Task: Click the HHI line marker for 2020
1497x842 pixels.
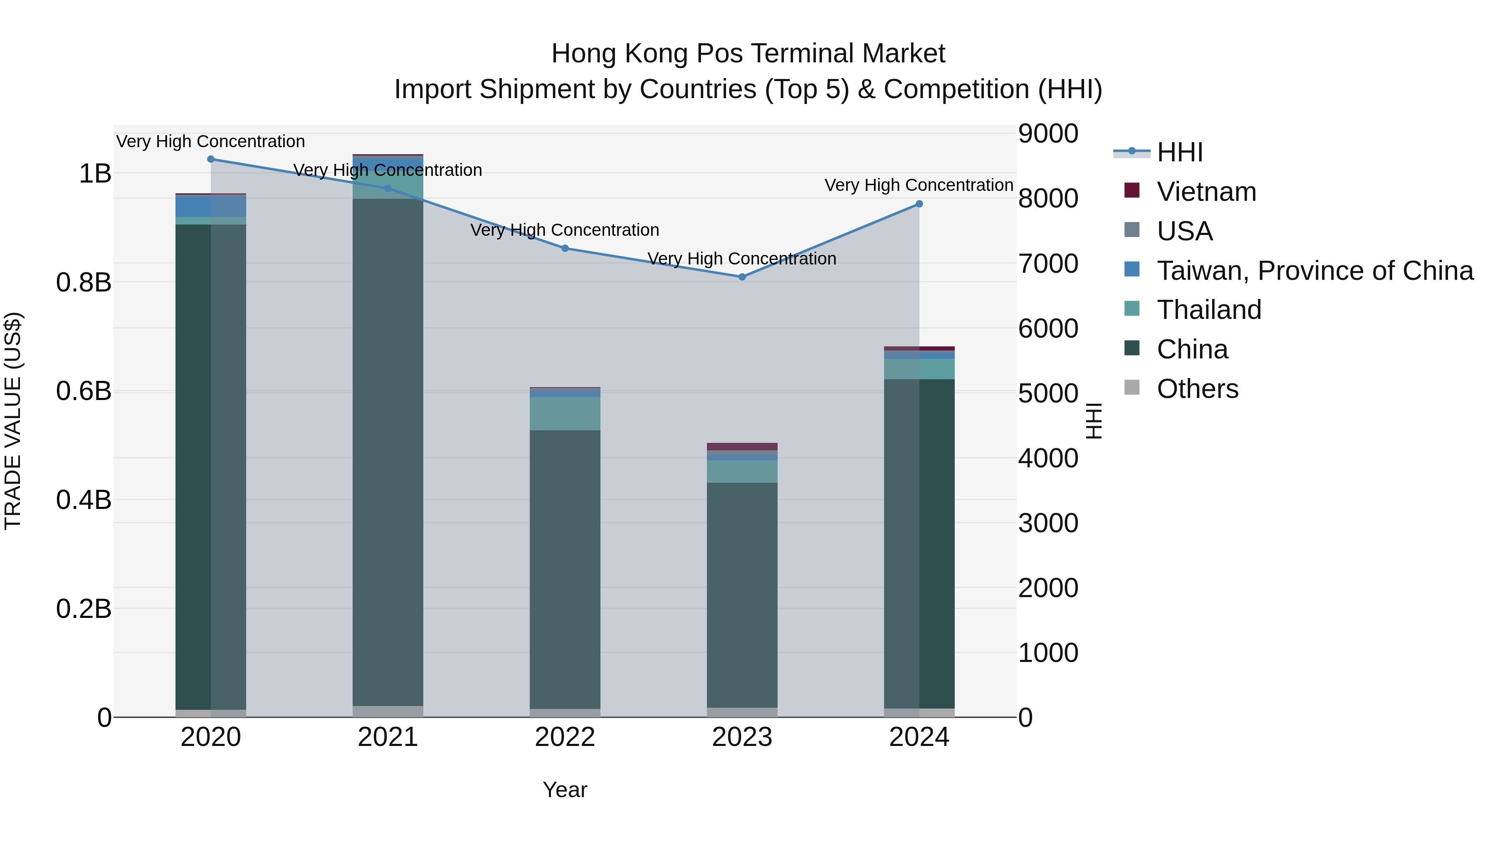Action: (211, 159)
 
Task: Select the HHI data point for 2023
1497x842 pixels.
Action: (742, 277)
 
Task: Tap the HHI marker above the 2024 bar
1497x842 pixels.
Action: (919, 204)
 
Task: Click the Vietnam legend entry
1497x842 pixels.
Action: (1206, 192)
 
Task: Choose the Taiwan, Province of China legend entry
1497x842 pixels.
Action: (1314, 271)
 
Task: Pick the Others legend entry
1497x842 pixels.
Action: (1197, 389)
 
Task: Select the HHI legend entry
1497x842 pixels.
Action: (1179, 152)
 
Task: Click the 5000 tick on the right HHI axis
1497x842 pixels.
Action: (1048, 393)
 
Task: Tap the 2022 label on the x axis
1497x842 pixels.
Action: (565, 737)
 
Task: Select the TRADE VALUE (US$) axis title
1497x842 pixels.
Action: (13, 421)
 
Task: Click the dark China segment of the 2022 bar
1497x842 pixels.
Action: (565, 570)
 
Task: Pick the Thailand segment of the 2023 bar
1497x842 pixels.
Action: (742, 471)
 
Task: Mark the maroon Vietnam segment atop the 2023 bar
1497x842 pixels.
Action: (742, 446)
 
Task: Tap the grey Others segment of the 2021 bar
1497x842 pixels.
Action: (388, 711)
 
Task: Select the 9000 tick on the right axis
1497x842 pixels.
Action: (1048, 133)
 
